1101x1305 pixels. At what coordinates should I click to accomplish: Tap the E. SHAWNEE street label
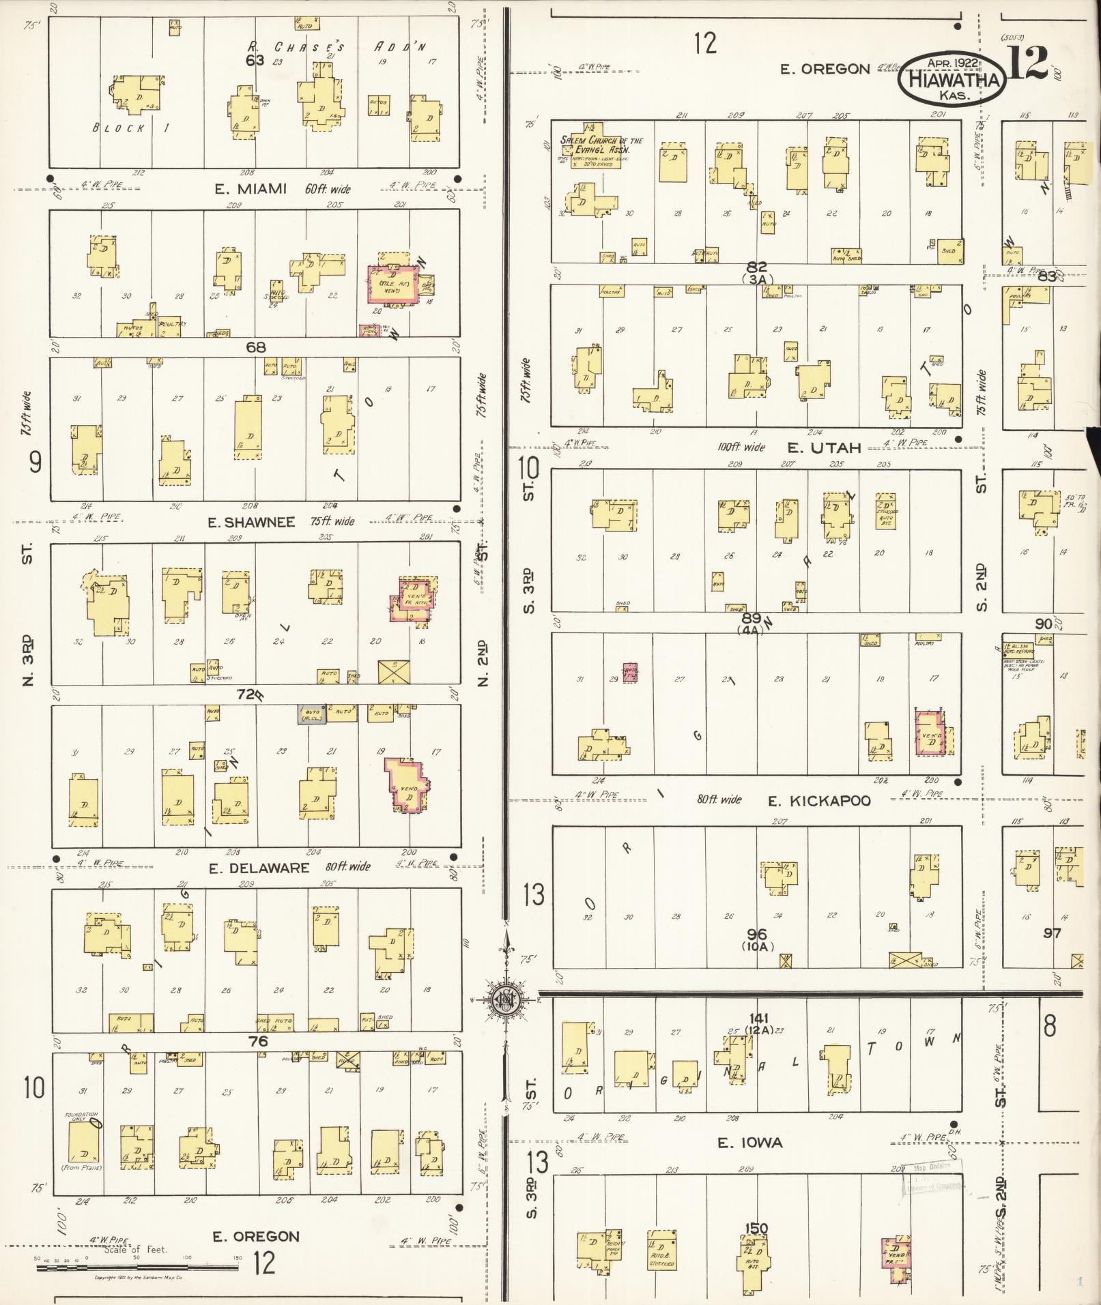click(252, 522)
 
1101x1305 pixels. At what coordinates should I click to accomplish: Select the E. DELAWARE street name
click(259, 868)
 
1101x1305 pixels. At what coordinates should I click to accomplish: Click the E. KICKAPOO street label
click(819, 800)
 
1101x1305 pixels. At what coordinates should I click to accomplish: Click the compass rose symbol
click(506, 999)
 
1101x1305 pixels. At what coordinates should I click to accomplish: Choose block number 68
click(256, 347)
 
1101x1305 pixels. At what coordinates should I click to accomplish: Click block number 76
click(258, 1041)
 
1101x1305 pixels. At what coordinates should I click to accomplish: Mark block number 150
click(756, 1229)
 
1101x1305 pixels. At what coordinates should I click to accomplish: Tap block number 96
click(756, 934)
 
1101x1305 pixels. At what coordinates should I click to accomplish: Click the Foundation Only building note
click(82, 1117)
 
